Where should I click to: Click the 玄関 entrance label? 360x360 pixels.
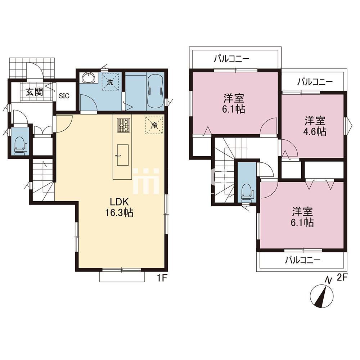tap(34, 92)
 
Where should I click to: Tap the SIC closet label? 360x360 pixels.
tap(64, 96)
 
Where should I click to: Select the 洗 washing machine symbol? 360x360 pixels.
tap(110, 82)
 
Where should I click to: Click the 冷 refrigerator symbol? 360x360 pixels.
tap(154, 125)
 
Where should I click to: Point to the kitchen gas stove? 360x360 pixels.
tap(123, 125)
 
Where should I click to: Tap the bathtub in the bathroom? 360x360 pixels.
tap(156, 92)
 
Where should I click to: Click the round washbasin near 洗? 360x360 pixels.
tap(89, 78)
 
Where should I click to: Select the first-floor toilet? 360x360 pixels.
tap(20, 145)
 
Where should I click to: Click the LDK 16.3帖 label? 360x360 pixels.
tap(119, 207)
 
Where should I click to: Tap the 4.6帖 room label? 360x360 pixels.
tap(315, 126)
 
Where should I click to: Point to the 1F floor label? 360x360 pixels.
tap(161, 278)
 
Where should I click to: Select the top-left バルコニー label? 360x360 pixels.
tap(231, 59)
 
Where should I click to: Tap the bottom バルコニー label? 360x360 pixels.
tap(303, 260)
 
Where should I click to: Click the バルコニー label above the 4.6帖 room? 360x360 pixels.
tap(315, 82)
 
